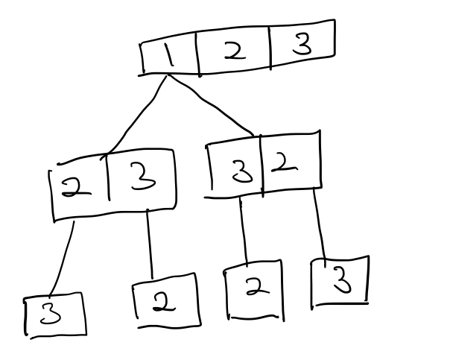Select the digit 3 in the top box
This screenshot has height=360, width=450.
point(297,47)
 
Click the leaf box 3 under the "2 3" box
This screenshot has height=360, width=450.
point(53,316)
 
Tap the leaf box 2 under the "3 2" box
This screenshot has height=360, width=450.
point(253,290)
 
